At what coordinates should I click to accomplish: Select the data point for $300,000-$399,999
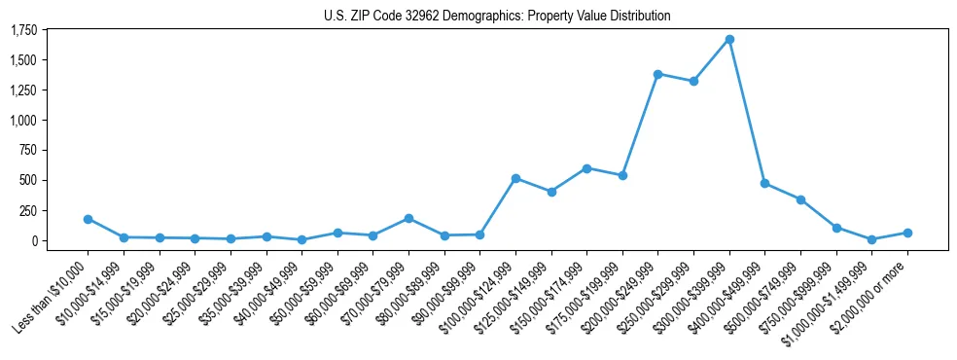(729, 40)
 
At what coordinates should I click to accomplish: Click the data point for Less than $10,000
(89, 219)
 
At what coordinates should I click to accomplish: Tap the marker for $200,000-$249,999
(658, 74)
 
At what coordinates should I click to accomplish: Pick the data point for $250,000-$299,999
(693, 81)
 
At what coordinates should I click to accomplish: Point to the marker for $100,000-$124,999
(515, 178)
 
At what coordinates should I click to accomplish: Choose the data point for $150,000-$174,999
(586, 168)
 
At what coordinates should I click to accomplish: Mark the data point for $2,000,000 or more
(907, 233)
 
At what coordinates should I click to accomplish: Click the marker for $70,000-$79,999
(408, 218)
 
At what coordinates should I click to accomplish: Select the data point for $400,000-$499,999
(765, 183)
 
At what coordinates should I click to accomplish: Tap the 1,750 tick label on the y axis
(23, 30)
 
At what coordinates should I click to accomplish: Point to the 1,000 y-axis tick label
(23, 121)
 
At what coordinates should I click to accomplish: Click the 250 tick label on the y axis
(28, 210)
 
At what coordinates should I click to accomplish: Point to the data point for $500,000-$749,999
(800, 199)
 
